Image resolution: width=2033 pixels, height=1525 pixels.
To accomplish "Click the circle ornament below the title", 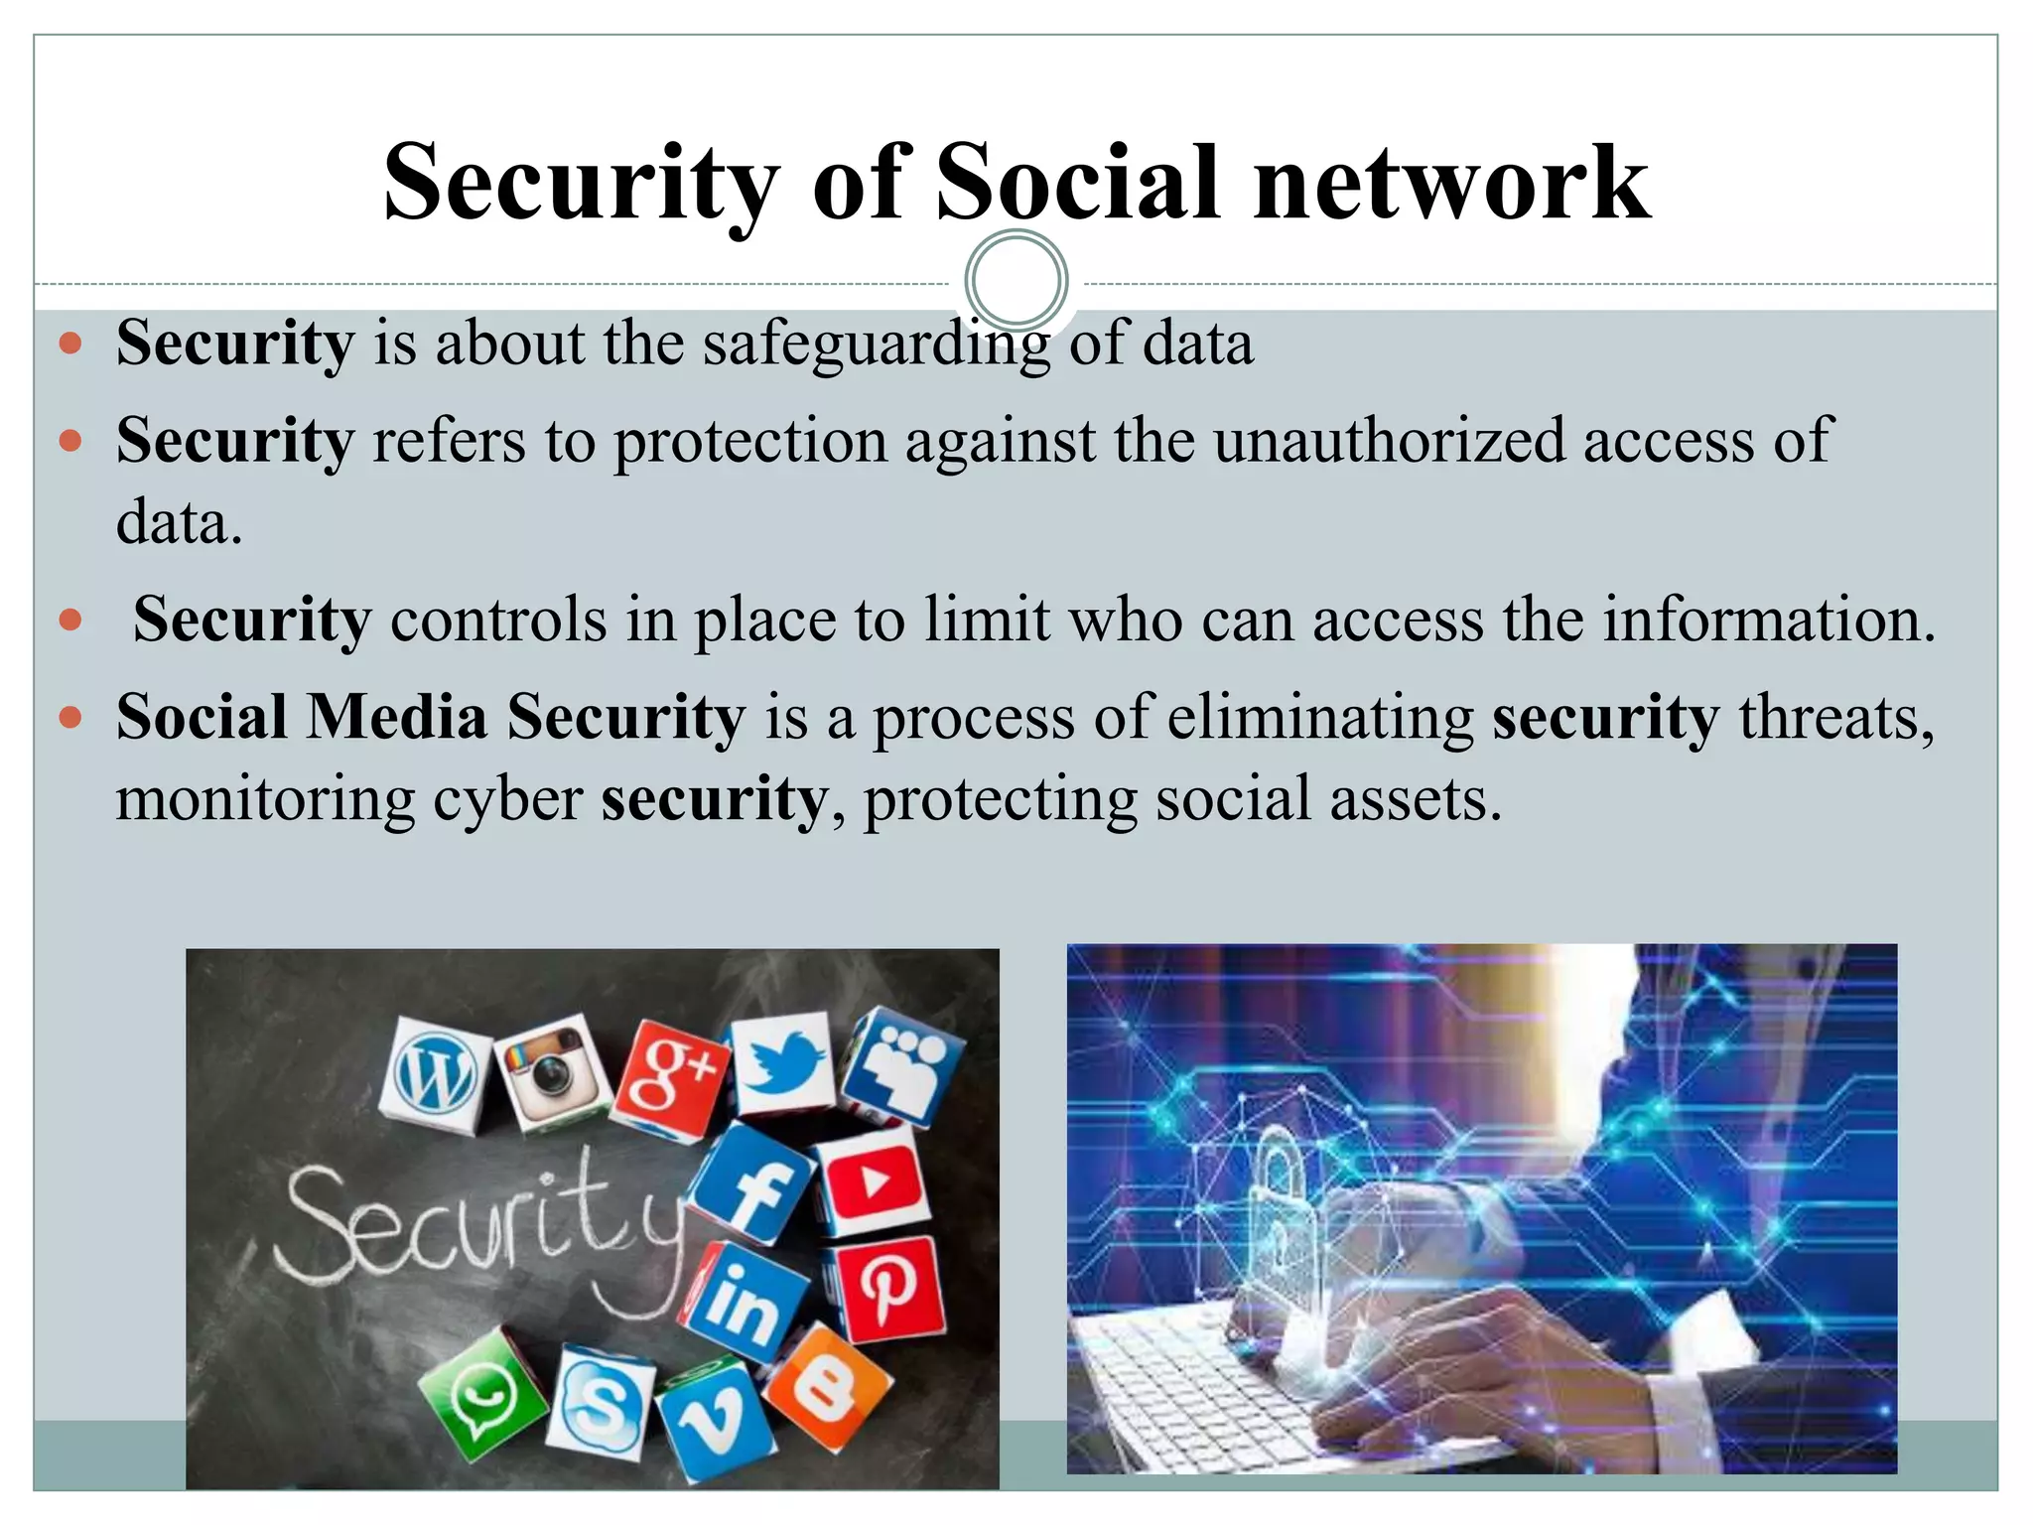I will click(1016, 281).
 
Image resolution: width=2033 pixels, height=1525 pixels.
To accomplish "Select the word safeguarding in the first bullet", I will click(877, 344).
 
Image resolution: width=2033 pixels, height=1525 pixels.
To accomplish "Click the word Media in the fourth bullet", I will click(396, 717).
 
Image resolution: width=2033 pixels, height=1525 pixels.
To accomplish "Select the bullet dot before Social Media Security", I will click(69, 717).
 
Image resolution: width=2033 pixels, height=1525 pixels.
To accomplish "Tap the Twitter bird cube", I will click(783, 1063).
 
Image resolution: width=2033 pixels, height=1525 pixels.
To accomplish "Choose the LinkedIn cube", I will click(743, 1302).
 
